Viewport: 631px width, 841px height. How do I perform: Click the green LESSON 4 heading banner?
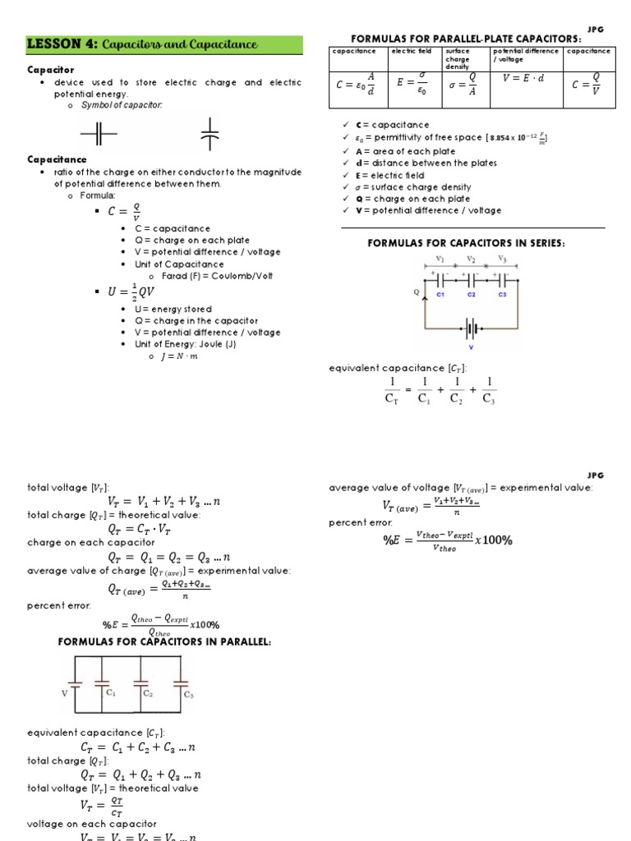pos(164,44)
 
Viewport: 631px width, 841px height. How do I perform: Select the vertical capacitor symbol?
pos(210,134)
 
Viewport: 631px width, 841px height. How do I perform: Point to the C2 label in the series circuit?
pos(472,294)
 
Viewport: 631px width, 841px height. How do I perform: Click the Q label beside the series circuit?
pos(417,291)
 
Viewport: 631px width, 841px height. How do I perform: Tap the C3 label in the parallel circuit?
pos(189,696)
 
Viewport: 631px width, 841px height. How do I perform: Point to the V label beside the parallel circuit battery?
pos(64,693)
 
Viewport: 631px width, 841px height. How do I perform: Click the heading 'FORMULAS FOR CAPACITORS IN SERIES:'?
pos(470,243)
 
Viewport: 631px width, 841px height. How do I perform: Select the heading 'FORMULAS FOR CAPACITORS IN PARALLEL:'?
pos(164,641)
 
